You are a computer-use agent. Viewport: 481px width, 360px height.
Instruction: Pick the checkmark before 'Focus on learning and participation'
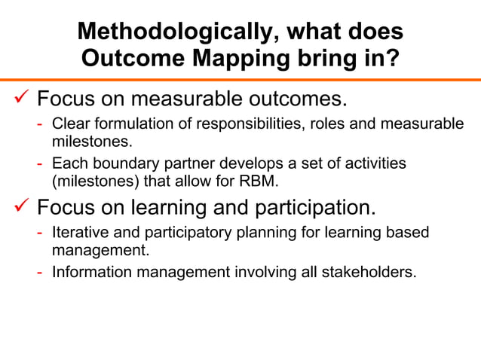(x=18, y=206)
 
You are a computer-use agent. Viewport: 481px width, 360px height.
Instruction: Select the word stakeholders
(x=370, y=271)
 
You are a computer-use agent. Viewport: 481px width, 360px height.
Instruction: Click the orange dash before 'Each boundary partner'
(x=41, y=164)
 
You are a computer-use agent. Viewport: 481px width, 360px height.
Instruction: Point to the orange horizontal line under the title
(x=240, y=80)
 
